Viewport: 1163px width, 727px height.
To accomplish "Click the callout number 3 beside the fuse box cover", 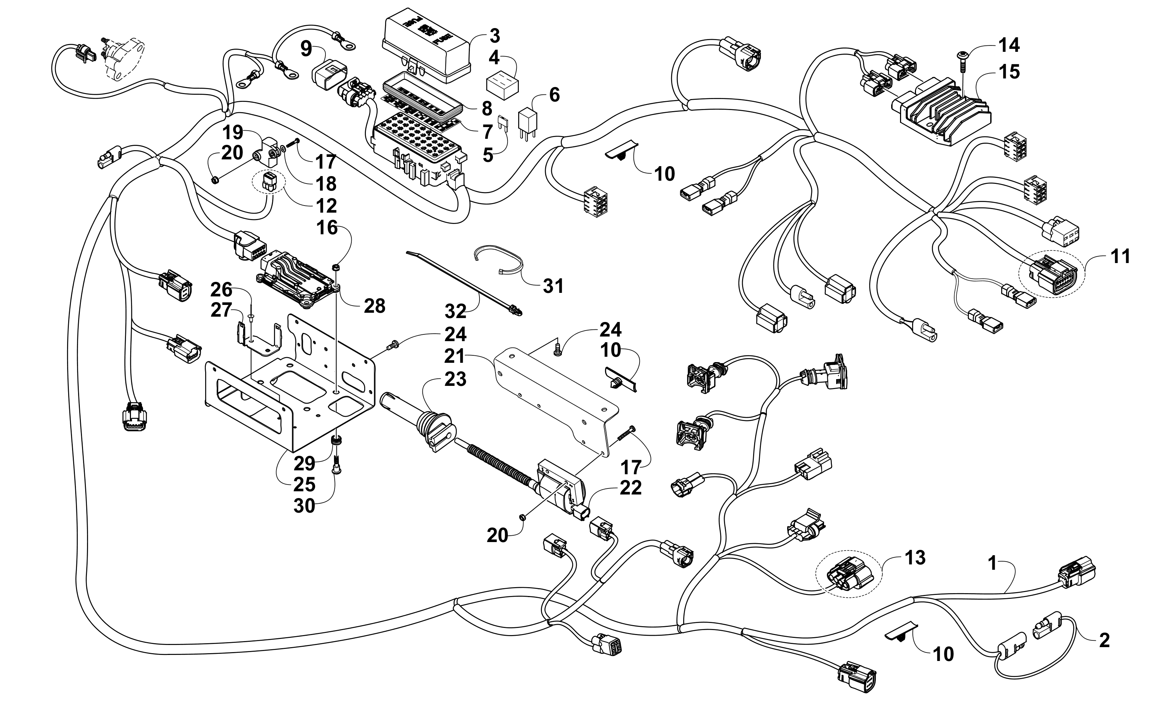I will click(x=494, y=36).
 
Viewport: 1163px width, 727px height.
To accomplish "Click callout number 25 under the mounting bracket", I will click(x=304, y=485).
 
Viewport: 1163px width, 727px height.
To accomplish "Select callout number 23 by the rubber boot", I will click(x=455, y=379).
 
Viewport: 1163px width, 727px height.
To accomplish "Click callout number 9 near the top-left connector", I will click(x=306, y=49).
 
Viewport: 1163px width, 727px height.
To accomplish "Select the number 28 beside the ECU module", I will click(x=374, y=306).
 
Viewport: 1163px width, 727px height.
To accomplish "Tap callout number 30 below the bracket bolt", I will click(x=304, y=506).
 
